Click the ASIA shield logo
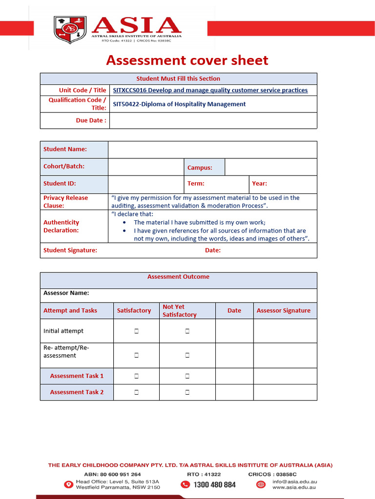[70, 30]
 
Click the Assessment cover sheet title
[187, 60]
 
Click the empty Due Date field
[213, 120]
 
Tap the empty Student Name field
[212, 150]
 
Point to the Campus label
[200, 168]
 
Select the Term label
[196, 184]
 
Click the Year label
[259, 184]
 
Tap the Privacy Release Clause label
[66, 202]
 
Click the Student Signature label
[70, 250]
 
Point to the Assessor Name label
[66, 293]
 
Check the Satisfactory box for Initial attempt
[136, 331]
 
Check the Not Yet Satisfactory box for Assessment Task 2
[187, 392]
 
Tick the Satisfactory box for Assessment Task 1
[136, 376]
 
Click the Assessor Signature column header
[283, 310]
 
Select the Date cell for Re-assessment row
[234, 355]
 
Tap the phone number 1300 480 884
[214, 484]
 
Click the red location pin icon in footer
[68, 484]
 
